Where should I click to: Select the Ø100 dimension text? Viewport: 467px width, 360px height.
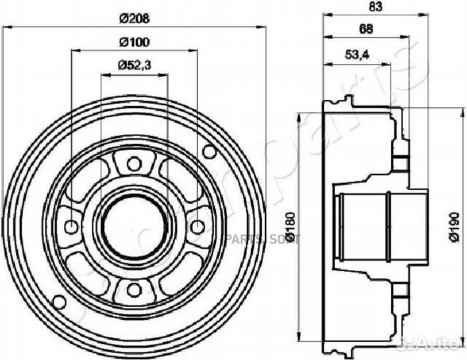133,42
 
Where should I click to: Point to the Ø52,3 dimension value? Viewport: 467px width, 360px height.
133,65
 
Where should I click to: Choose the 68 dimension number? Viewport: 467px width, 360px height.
365,28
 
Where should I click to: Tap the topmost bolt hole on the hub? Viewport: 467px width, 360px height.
133,163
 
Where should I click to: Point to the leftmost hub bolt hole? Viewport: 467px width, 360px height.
71,226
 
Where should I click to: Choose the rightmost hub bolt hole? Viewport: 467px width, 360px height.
197,226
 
